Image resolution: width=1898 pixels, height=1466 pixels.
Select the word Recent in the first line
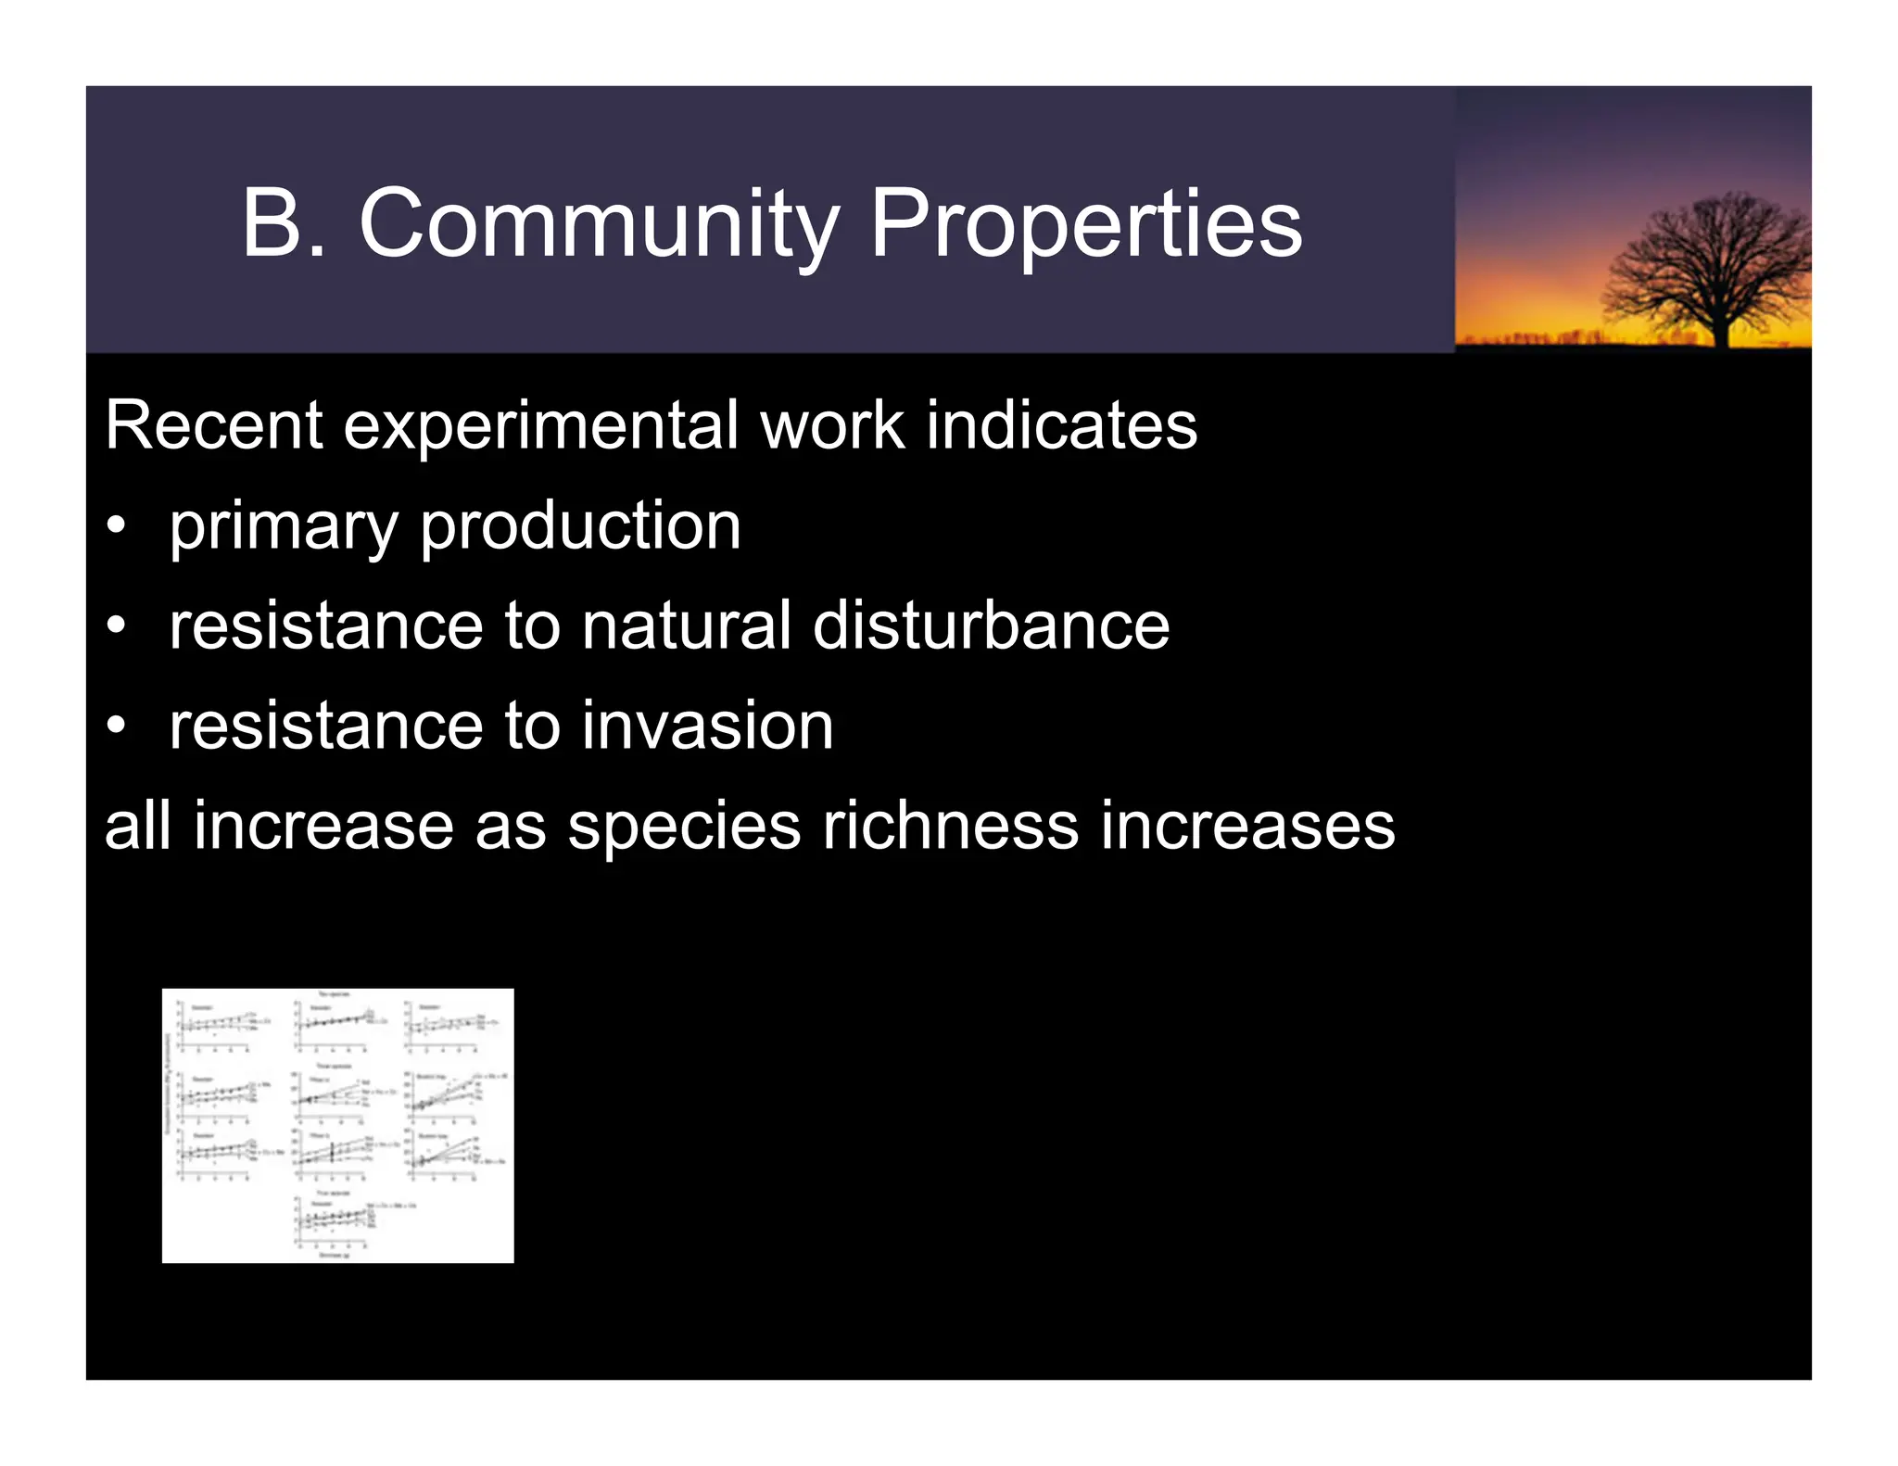tap(213, 425)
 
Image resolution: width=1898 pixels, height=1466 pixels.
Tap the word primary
tap(283, 526)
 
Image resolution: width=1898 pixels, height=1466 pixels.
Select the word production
tap(580, 526)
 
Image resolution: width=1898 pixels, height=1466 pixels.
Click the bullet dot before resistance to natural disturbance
tap(115, 626)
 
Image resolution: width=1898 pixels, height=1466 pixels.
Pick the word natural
tap(686, 626)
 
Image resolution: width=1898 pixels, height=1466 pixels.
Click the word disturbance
tap(991, 626)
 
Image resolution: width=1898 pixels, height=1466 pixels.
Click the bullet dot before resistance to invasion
tap(115, 727)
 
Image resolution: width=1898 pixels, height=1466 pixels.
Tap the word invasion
tap(708, 727)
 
